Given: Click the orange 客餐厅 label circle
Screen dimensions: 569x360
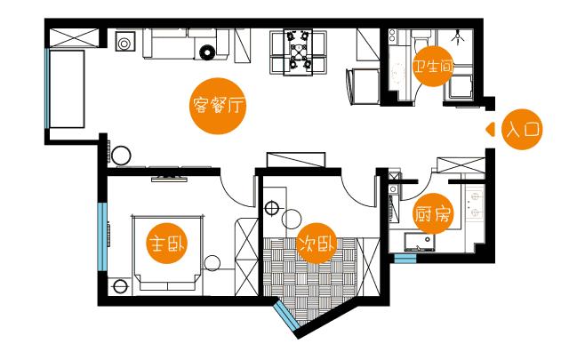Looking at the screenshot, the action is click(218, 106).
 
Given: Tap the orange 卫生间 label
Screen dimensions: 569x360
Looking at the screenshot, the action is click(433, 66).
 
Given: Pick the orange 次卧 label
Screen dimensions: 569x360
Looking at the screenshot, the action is click(317, 244).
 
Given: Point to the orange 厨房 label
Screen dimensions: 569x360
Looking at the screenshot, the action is click(433, 213).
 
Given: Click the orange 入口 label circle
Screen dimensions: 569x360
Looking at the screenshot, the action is click(522, 129).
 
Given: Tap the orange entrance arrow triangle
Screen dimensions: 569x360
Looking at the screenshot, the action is click(490, 130).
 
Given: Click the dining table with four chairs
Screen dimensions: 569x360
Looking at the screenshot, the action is click(298, 52).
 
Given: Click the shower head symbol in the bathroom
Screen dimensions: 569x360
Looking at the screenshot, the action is click(459, 36).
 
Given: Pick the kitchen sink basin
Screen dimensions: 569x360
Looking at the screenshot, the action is click(420, 242).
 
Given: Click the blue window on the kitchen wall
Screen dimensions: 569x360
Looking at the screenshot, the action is click(405, 258).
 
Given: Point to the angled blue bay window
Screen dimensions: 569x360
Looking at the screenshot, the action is click(286, 316).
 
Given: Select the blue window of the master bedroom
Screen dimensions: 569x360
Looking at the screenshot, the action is click(103, 236).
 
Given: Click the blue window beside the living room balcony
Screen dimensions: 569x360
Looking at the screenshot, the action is click(47, 88).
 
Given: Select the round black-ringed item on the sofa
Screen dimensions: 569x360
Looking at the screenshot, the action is click(207, 52).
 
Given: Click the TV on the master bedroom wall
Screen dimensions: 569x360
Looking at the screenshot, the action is click(169, 178).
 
